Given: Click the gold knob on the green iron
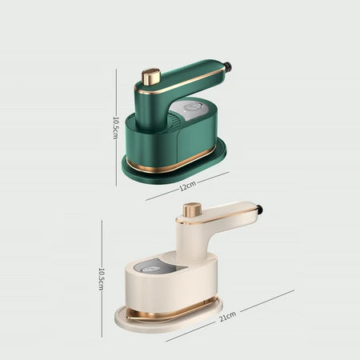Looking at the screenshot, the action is pyautogui.click(x=151, y=78).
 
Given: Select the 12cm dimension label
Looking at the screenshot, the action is pyautogui.click(x=188, y=186).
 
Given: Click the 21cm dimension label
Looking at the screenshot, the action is pyautogui.click(x=227, y=316).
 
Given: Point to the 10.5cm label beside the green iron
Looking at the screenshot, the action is pyautogui.click(x=116, y=127).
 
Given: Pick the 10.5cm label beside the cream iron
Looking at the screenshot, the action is pyautogui.click(x=102, y=279).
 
